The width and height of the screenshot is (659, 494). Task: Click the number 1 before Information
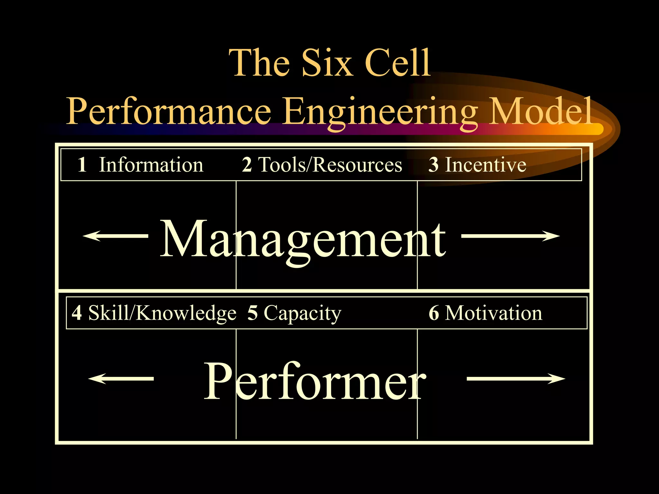coord(82,165)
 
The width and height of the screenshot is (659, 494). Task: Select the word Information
coord(151,165)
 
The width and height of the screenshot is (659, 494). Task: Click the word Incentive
coord(486,165)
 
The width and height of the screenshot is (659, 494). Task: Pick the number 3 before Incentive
coord(433,165)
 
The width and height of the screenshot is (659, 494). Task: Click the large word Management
coord(303,240)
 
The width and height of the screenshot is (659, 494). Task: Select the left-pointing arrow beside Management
coord(115,236)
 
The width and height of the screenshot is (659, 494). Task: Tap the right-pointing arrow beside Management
coord(511,236)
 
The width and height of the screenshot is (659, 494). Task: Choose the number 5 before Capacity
coord(253,313)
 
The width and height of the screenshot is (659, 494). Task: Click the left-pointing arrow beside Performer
coord(121,379)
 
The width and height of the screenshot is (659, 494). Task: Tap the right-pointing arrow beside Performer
coord(516,379)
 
